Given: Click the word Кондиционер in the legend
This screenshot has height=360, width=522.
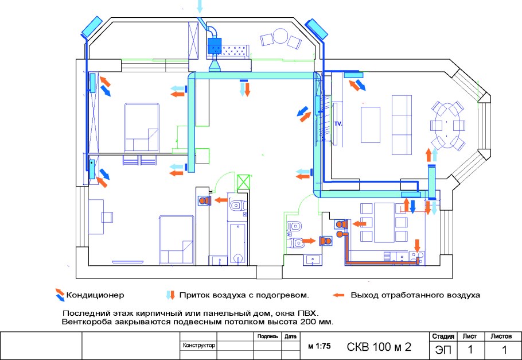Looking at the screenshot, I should [x=95, y=295].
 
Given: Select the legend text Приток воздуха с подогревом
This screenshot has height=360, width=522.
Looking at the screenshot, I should [x=244, y=295].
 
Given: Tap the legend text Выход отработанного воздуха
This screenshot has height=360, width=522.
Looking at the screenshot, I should [x=415, y=295].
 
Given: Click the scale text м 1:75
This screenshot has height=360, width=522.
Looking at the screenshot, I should [x=320, y=347].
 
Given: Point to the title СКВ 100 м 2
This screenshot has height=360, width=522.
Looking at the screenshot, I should [x=379, y=347].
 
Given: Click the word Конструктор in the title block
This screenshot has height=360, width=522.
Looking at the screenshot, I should [x=198, y=346].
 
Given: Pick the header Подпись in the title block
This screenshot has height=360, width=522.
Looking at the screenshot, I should [x=268, y=336].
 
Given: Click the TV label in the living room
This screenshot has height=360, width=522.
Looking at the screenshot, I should [x=338, y=124].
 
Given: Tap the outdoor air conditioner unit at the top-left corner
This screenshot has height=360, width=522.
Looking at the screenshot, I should [x=92, y=25].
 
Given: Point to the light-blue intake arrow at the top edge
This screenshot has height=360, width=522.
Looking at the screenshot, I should [x=200, y=7].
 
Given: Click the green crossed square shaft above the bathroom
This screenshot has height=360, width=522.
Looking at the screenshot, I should [x=243, y=183].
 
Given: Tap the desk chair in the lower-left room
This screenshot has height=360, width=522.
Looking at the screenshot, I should [x=106, y=216].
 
